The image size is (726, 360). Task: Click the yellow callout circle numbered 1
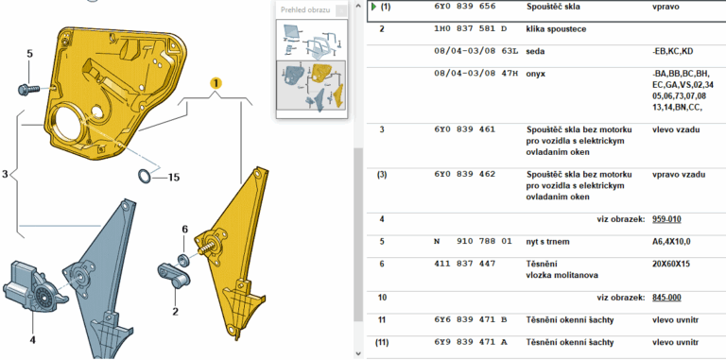click(216, 83)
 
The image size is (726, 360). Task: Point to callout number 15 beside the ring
click(173, 178)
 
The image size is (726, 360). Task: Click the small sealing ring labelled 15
click(145, 177)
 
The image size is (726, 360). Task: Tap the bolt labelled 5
click(28, 89)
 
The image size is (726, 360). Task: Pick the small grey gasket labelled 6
click(183, 259)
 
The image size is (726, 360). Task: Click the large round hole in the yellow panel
click(68, 123)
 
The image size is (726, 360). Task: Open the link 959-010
click(665, 219)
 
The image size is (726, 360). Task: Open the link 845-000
click(665, 298)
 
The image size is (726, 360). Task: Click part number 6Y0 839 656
click(464, 7)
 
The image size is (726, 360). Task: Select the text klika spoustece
click(550, 29)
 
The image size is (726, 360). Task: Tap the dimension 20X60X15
click(669, 264)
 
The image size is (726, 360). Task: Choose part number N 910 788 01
click(473, 242)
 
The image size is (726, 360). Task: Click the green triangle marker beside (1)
click(373, 7)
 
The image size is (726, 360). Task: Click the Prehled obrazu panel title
click(305, 9)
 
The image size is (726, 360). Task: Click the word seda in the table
click(535, 51)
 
